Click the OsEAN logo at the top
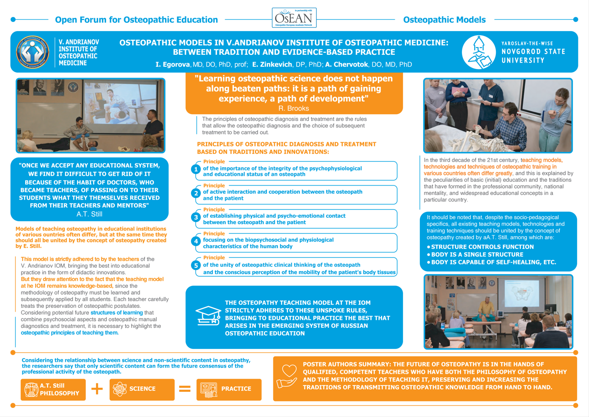tap(294, 19)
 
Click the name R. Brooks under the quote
tap(294, 108)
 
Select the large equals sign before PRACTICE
tap(184, 389)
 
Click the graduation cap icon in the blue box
tap(207, 315)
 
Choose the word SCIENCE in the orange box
tap(142, 389)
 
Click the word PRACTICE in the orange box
tap(236, 389)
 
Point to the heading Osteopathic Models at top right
tap(444, 20)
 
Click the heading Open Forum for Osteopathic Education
tap(136, 20)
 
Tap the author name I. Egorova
tap(173, 65)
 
